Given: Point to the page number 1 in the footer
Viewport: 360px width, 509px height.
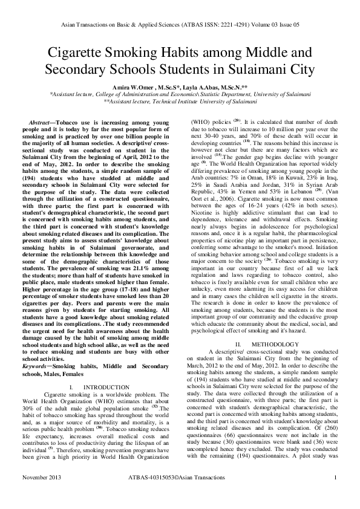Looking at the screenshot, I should (335, 494).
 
